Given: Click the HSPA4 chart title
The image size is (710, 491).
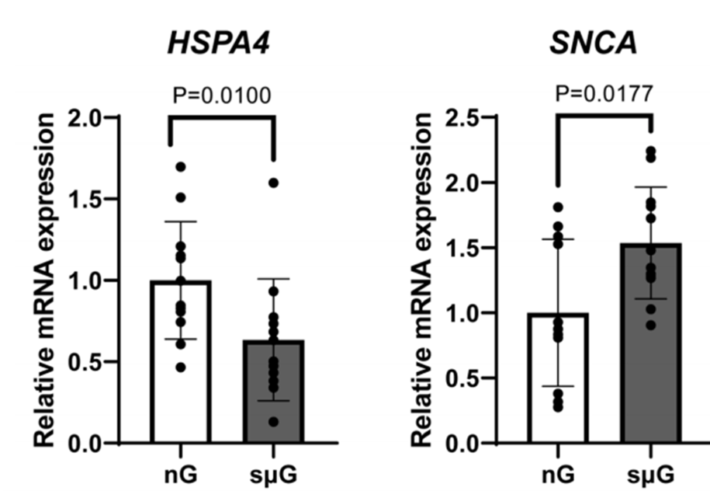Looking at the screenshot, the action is [x=219, y=44].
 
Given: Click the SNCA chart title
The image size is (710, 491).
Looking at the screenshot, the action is [x=593, y=44].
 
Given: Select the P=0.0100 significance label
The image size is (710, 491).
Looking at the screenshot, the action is [x=222, y=96].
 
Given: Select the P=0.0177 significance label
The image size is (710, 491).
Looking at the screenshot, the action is [x=604, y=94].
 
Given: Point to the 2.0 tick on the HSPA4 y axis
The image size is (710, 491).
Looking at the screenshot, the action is [x=112, y=117].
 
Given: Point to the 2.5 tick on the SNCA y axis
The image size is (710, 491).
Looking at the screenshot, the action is [x=490, y=117].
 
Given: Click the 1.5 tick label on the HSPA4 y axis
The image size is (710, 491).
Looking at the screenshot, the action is [x=85, y=200].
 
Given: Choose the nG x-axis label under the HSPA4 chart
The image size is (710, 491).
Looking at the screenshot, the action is [x=181, y=475].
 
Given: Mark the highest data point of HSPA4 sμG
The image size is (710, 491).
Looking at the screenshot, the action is [x=273, y=183].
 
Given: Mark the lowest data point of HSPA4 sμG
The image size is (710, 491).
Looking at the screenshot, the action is [x=273, y=422].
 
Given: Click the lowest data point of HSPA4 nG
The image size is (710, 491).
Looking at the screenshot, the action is [x=181, y=367].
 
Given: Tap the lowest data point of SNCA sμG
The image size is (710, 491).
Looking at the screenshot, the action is [x=651, y=326].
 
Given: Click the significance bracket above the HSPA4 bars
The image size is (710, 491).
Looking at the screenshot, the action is [x=222, y=117].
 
